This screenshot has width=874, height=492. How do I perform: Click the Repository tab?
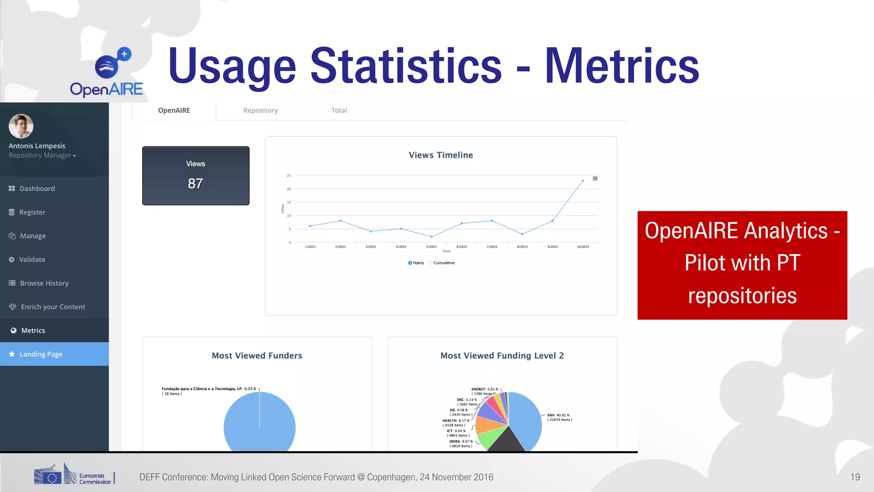tap(260, 110)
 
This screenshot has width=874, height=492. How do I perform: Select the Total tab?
tap(339, 110)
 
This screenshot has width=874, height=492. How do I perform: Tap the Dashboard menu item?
tap(37, 188)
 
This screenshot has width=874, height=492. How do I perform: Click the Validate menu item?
tap(32, 259)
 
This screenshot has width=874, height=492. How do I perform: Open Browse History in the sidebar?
tap(44, 283)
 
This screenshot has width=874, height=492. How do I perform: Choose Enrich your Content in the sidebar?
tap(53, 307)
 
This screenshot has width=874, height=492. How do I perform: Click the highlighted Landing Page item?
tap(41, 354)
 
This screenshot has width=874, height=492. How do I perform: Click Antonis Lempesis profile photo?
tap(21, 126)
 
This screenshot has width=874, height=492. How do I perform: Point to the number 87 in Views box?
tap(195, 184)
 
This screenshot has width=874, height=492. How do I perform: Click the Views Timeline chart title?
tap(440, 155)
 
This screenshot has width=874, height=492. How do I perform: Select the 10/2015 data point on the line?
tap(583, 181)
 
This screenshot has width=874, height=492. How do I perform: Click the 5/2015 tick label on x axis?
tap(431, 247)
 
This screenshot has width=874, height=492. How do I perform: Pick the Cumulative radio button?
tap(431, 263)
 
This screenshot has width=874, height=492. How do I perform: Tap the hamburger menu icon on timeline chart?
tap(595, 179)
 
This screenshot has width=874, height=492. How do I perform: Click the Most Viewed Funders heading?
tap(257, 356)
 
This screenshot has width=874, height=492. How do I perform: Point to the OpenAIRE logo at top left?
tap(107, 73)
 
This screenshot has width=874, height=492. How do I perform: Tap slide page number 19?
tap(855, 477)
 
